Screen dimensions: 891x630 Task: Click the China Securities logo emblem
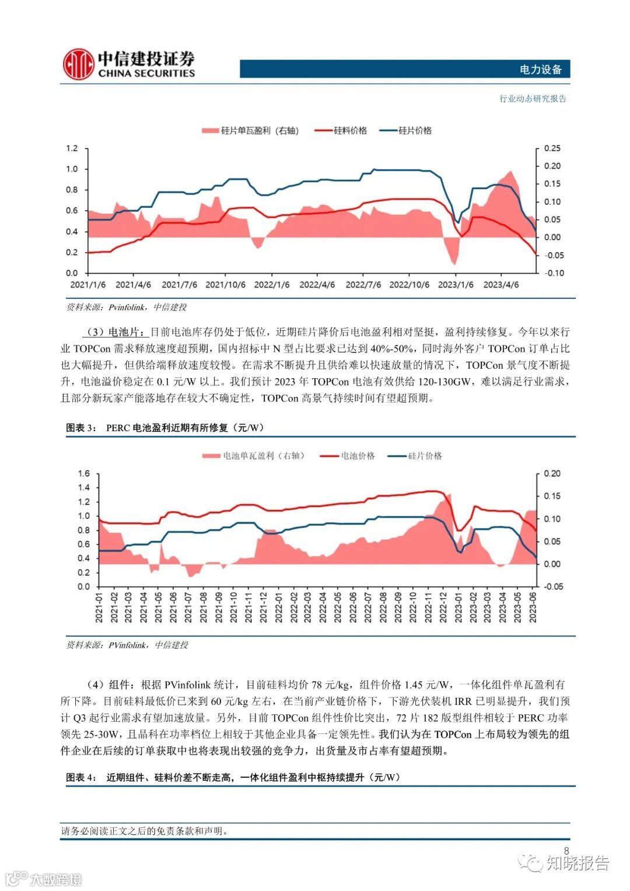tap(78, 64)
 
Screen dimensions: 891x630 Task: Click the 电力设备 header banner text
tap(540, 69)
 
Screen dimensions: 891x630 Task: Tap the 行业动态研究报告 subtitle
tap(533, 99)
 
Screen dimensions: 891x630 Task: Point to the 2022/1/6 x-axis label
tap(272, 285)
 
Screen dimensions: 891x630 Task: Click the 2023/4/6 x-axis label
tap(501, 285)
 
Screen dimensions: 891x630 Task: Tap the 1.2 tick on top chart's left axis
tap(72, 148)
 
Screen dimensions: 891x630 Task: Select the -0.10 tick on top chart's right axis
tap(554, 273)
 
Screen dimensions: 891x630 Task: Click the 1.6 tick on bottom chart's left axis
tap(84, 473)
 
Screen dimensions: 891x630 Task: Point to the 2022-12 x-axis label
tap(443, 607)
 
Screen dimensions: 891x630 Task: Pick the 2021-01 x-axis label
tap(99, 607)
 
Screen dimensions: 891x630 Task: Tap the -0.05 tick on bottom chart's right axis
tap(554, 586)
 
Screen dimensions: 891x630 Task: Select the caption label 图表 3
tap(81, 428)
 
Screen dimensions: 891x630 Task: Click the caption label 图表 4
tap(81, 777)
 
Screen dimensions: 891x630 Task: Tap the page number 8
tap(566, 851)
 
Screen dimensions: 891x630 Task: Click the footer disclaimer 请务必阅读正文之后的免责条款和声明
tap(145, 831)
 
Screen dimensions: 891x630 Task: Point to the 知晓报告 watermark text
tap(577, 863)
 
